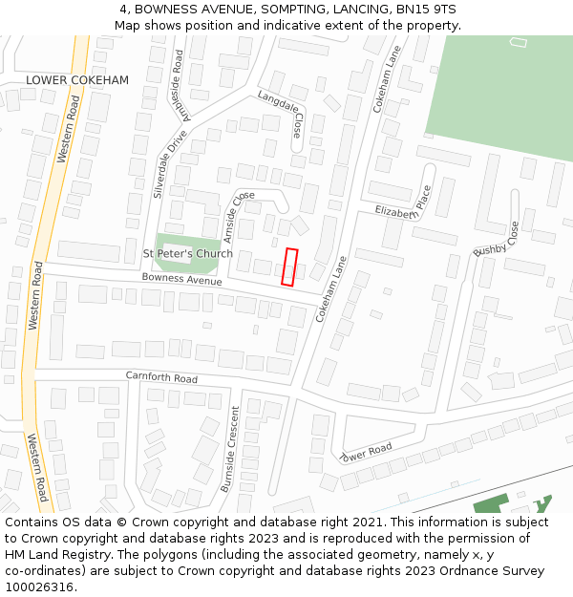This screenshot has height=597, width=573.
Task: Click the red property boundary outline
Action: pos(290,267)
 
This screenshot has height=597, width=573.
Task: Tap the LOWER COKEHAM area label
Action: pos(77,80)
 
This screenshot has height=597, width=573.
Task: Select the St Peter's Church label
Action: pos(187,253)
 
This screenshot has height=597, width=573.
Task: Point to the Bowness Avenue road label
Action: pos(181,280)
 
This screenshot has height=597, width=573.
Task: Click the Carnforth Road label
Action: pos(161,377)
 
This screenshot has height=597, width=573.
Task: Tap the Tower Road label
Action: pos(366,450)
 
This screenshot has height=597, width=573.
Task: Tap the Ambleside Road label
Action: pos(178,86)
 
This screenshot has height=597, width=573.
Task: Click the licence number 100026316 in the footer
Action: pos(39,586)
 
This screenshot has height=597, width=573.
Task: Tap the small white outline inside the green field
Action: pos(519,42)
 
